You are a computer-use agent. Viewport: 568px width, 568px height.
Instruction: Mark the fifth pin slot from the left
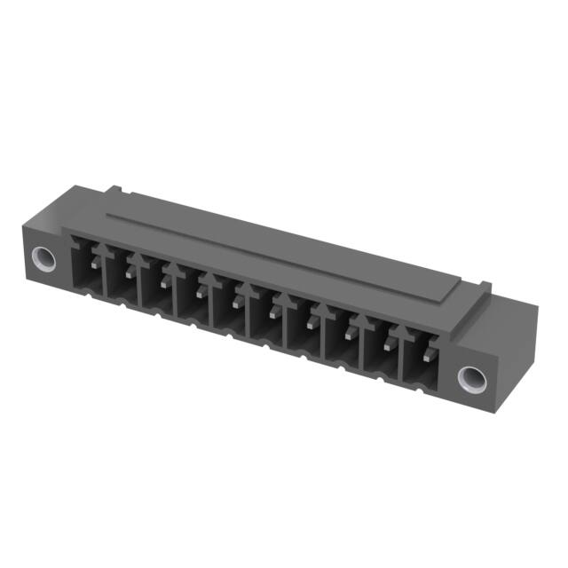tap(229, 308)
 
